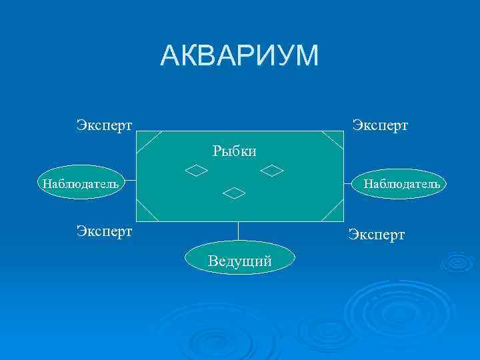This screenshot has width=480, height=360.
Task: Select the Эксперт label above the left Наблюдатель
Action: point(104,125)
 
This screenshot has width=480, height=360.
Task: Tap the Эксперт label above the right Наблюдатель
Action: point(380,125)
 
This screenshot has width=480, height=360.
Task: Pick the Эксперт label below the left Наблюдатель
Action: point(104,231)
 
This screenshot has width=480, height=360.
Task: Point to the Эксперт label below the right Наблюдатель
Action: point(377,235)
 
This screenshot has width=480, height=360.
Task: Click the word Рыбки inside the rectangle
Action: point(235,151)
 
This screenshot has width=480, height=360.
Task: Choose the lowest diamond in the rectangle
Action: point(234,193)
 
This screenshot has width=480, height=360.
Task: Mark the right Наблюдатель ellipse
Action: point(401,183)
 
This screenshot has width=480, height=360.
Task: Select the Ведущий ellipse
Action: point(239,261)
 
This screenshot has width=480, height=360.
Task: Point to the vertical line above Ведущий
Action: point(239,231)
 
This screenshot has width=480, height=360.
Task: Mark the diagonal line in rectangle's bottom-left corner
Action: point(148,211)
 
